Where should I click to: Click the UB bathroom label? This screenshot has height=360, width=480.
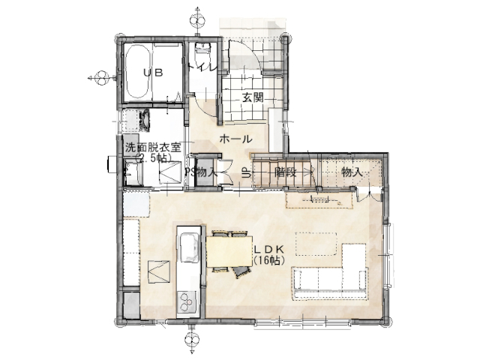click(153, 73)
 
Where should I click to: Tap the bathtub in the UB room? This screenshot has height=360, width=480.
click(137, 72)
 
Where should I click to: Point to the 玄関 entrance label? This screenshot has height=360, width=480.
click(253, 98)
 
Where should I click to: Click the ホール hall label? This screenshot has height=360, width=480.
click(236, 139)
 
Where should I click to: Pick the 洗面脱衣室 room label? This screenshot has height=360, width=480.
click(153, 148)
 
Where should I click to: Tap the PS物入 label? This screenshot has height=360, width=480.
click(201, 173)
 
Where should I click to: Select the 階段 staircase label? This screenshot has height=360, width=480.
click(285, 172)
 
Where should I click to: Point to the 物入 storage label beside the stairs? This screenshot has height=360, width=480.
click(352, 172)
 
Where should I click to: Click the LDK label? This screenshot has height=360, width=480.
click(269, 249)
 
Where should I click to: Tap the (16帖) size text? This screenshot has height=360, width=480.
click(269, 260)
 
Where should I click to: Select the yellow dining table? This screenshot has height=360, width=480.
click(229, 251)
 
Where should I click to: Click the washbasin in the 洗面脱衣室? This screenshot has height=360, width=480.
click(145, 120)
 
